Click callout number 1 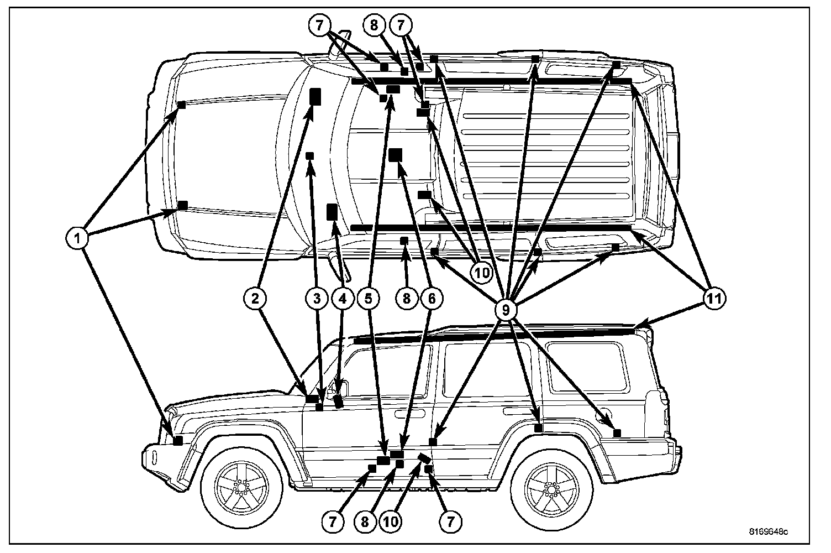[77, 239]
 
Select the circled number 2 [255, 299]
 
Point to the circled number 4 [342, 299]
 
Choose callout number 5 [369, 299]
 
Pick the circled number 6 [432, 299]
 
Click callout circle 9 [506, 309]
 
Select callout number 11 [714, 299]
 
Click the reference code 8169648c [768, 532]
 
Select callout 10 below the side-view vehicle [392, 521]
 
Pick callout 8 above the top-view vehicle [374, 25]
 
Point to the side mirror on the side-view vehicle [339, 387]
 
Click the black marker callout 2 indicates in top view [315, 97]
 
